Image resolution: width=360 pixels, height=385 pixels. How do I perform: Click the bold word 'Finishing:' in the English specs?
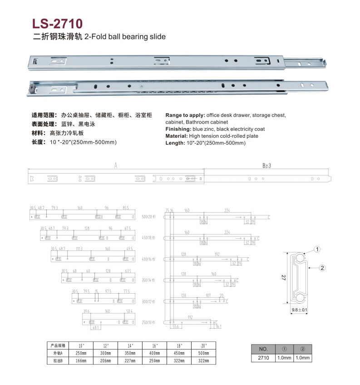178,129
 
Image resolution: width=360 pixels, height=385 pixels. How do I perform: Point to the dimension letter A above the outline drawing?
116,166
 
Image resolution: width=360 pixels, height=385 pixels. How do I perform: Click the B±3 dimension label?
266,166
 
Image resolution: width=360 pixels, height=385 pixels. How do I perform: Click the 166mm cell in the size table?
81,360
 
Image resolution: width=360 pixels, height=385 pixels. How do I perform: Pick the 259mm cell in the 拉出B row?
154,360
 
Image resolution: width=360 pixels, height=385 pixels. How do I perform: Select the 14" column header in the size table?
130,345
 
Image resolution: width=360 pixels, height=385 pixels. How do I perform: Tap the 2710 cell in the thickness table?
264,358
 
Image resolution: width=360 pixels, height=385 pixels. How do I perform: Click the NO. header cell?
264,349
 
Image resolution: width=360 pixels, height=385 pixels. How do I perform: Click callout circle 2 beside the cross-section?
322,268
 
